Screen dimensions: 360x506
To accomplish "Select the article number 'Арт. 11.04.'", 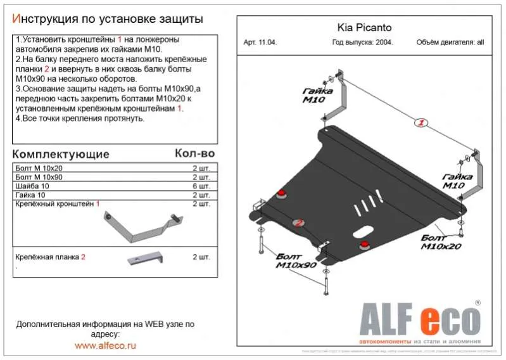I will point(260,43).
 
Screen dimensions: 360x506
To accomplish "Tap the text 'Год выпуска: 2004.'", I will point(362,43).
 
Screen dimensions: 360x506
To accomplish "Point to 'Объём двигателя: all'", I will point(450,43).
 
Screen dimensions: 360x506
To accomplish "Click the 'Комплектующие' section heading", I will point(61,154).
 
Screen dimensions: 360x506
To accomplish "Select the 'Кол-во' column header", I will point(194,153).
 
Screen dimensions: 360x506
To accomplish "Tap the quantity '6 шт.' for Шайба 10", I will point(201,186).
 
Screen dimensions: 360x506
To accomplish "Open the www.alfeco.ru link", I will point(105,345).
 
